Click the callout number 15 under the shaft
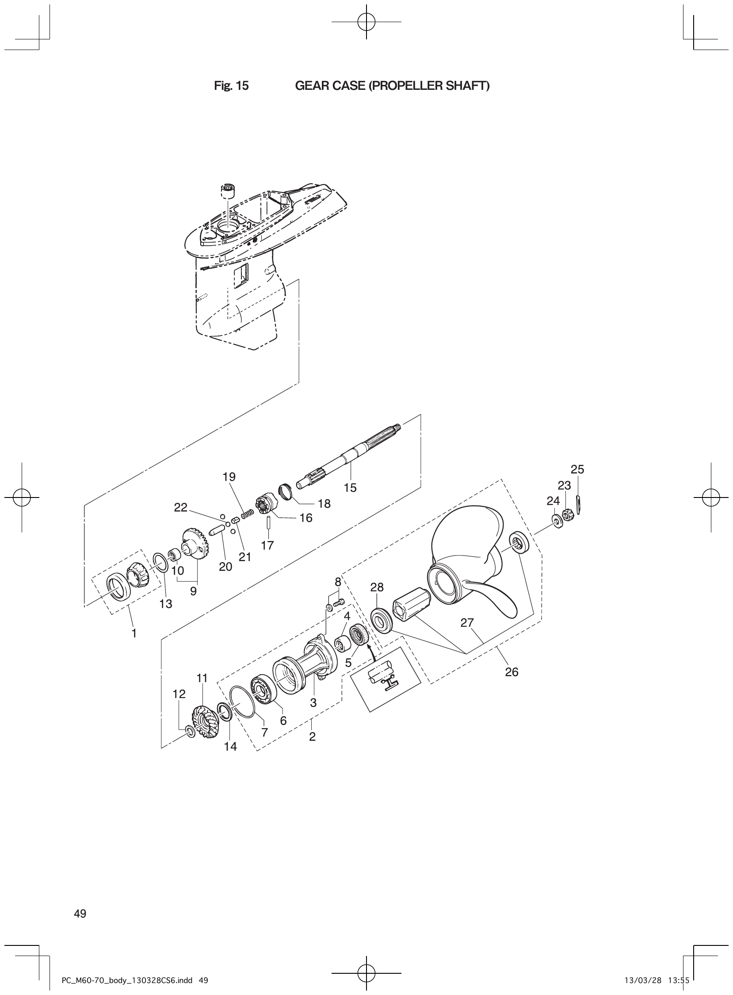tap(350, 488)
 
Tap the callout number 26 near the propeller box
tap(512, 672)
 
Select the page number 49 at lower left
tap(80, 914)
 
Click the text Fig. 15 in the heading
tap(231, 86)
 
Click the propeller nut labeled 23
tap(566, 515)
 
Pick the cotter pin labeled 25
tap(580, 503)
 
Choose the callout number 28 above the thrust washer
tap(377, 587)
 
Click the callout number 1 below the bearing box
tap(134, 634)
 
